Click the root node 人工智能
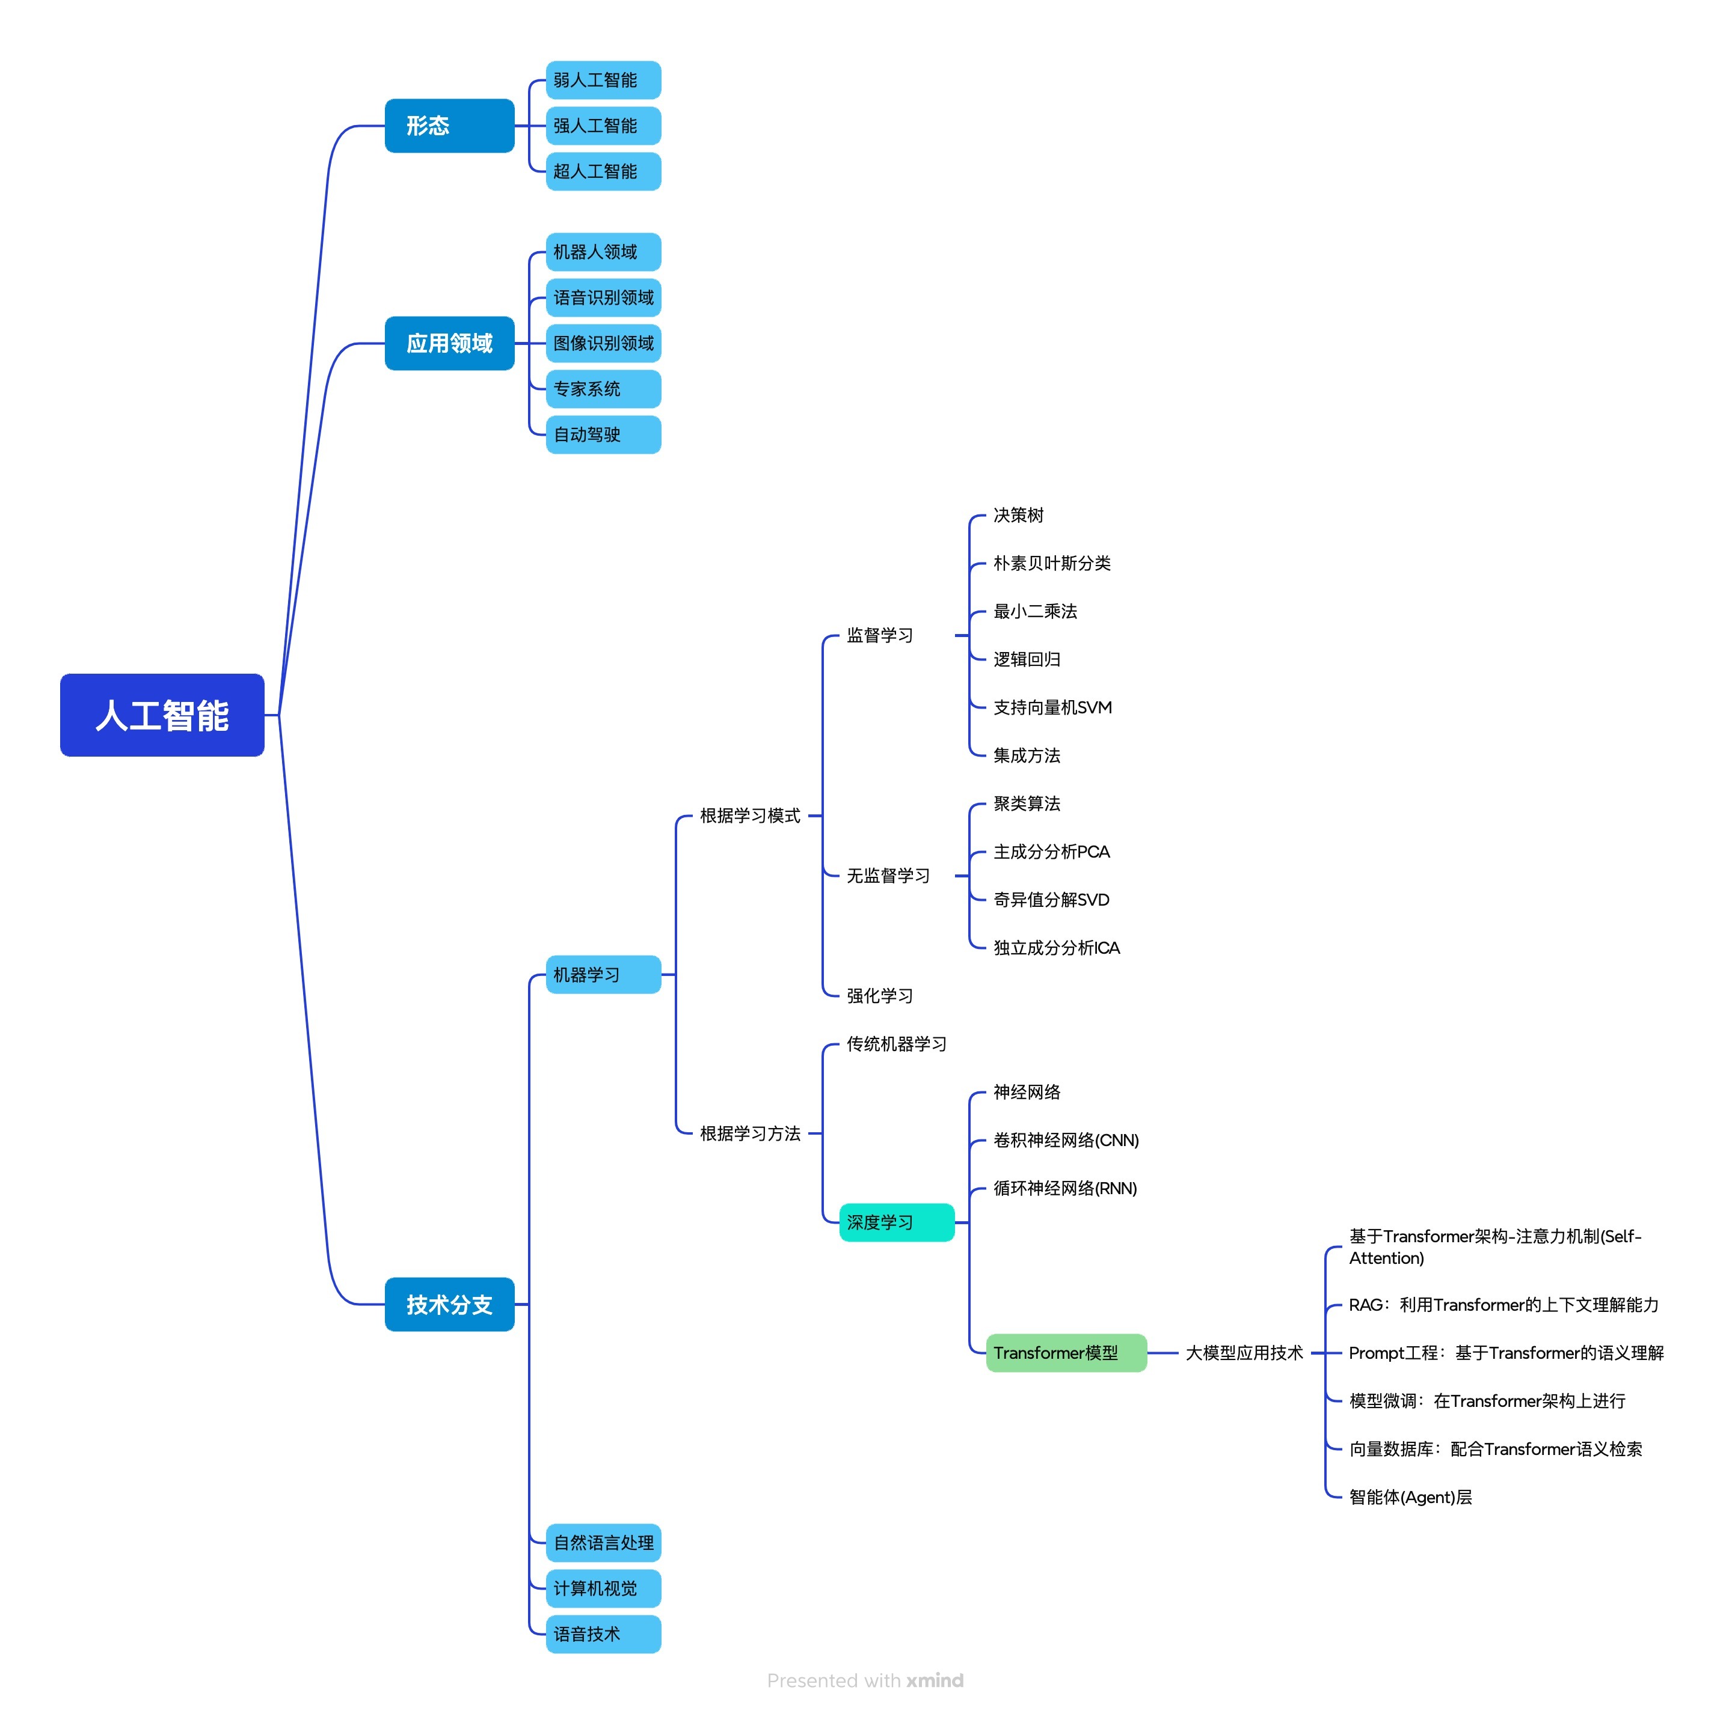[x=162, y=715]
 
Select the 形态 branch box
[x=449, y=126]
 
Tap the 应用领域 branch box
[x=449, y=343]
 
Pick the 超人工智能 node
[x=603, y=171]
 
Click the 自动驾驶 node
[x=603, y=435]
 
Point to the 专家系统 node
[x=603, y=389]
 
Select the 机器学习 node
[x=603, y=974]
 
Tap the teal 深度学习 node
[x=897, y=1222]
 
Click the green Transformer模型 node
[x=1066, y=1352]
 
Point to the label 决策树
[x=1018, y=515]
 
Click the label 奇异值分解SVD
[x=1052, y=900]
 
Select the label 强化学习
[x=879, y=995]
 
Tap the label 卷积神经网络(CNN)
[x=1066, y=1139]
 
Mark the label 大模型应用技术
[x=1244, y=1352]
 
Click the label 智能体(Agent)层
[x=1410, y=1496]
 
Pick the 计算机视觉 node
[x=603, y=1588]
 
